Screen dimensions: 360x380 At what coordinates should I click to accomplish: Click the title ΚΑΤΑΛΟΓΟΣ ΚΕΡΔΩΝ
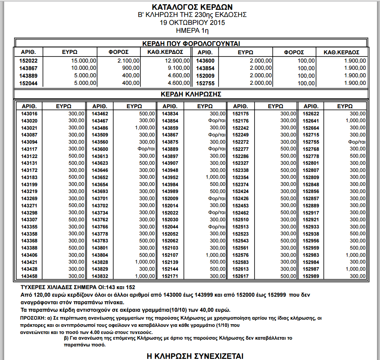tap(192, 7)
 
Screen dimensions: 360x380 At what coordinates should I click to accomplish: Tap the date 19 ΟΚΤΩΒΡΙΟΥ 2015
tap(192, 23)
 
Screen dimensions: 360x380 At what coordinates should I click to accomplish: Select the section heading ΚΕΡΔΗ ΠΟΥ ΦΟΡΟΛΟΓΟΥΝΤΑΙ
tap(191, 43)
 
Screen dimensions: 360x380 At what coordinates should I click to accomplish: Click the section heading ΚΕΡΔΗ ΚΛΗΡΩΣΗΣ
tap(191, 94)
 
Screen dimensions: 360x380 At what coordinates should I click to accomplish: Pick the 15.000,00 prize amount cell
tap(84, 61)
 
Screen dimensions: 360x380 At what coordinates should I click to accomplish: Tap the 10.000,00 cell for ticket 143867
tap(84, 68)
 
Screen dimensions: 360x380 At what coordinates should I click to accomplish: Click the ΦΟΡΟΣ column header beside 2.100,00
tap(119, 52)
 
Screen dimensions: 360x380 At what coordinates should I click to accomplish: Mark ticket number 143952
tap(169, 177)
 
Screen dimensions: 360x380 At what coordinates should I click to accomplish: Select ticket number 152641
tap(311, 121)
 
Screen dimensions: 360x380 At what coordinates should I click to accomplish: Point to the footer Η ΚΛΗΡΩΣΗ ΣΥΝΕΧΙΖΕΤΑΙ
tap(194, 356)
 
